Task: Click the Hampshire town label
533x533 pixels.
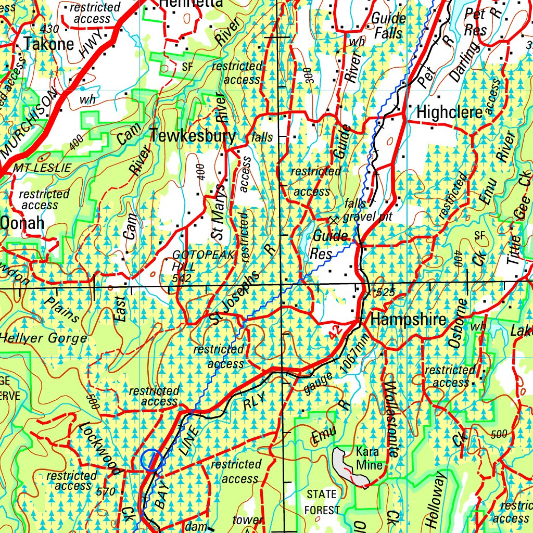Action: click(408, 320)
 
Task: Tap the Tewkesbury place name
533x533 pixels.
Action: click(193, 136)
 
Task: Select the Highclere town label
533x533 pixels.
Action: click(450, 112)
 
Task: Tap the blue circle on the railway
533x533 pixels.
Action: click(151, 461)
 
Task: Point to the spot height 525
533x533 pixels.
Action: click(385, 293)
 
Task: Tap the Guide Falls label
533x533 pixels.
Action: click(387, 25)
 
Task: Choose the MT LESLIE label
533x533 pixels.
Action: click(42, 168)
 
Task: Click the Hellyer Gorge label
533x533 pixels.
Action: click(43, 338)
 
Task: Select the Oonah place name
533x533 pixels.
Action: click(22, 223)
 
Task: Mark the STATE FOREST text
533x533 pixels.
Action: click(322, 502)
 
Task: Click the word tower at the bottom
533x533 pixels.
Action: click(248, 520)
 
